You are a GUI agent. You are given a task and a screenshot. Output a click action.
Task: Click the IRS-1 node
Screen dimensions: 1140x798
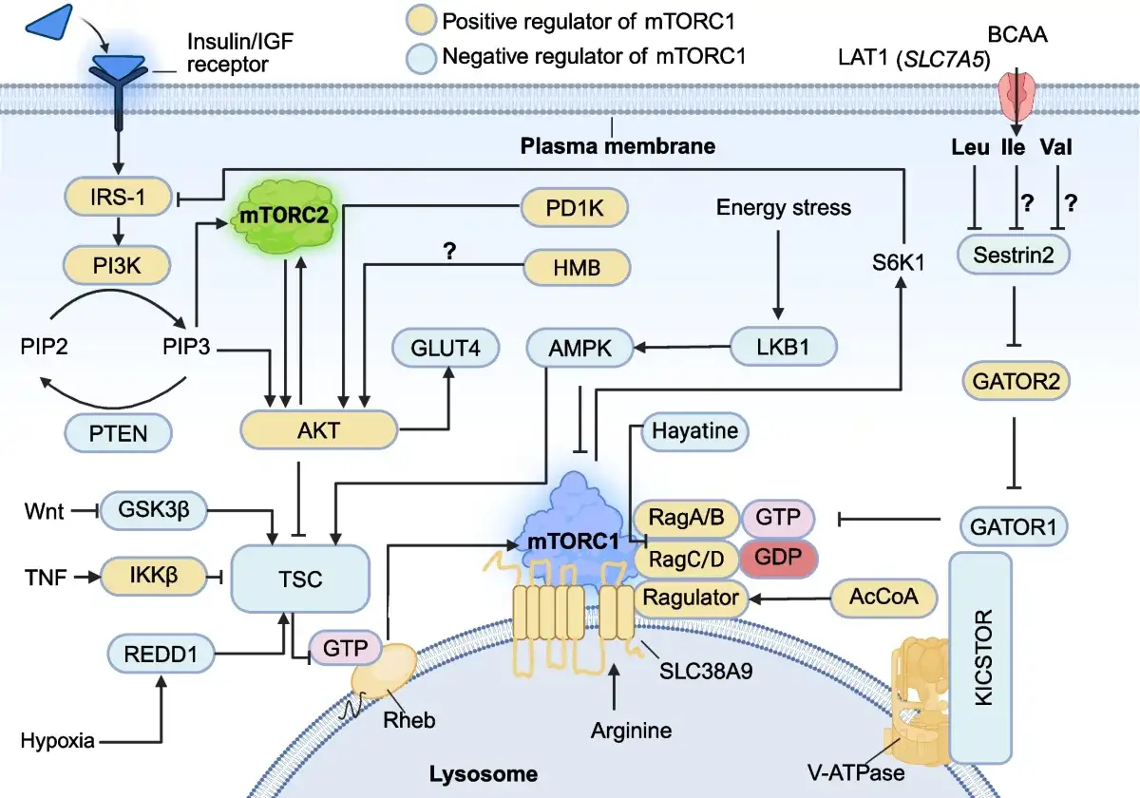pos(118,197)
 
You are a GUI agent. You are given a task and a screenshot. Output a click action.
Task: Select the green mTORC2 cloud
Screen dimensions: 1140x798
pos(284,216)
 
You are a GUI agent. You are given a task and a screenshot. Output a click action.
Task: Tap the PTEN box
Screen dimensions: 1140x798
pos(118,433)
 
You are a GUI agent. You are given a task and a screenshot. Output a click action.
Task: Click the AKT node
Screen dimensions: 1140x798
pos(318,430)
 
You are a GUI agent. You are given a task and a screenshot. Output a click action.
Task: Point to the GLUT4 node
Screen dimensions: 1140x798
pos(446,348)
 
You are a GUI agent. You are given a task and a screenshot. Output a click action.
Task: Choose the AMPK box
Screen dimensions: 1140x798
pos(580,348)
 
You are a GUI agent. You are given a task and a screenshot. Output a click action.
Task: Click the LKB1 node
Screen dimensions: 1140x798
pos(783,347)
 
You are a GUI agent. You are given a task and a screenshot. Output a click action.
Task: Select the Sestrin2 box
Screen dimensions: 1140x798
pos(1014,255)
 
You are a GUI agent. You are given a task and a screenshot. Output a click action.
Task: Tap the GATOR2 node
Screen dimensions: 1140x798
pos(1016,381)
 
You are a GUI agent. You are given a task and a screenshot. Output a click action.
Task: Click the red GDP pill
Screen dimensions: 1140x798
pos(778,558)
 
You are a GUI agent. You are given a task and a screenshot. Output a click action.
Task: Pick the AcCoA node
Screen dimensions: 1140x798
pos(883,597)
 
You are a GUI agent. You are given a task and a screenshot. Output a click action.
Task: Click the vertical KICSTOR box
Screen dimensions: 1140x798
pos(980,657)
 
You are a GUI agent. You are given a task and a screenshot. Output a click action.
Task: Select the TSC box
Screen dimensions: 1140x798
pos(300,579)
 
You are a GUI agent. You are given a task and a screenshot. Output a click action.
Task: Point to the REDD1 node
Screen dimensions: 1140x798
pos(161,654)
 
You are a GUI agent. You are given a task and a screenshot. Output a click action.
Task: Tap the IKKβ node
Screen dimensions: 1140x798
pos(154,576)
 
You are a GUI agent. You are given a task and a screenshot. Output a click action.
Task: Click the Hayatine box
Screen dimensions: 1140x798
pos(694,431)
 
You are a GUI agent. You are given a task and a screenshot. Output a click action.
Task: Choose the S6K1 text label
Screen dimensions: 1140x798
pos(899,262)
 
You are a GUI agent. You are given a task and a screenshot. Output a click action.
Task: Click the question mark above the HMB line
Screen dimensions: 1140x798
pos(449,251)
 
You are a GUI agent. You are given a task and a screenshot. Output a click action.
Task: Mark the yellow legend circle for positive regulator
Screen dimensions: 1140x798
pos(421,20)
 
